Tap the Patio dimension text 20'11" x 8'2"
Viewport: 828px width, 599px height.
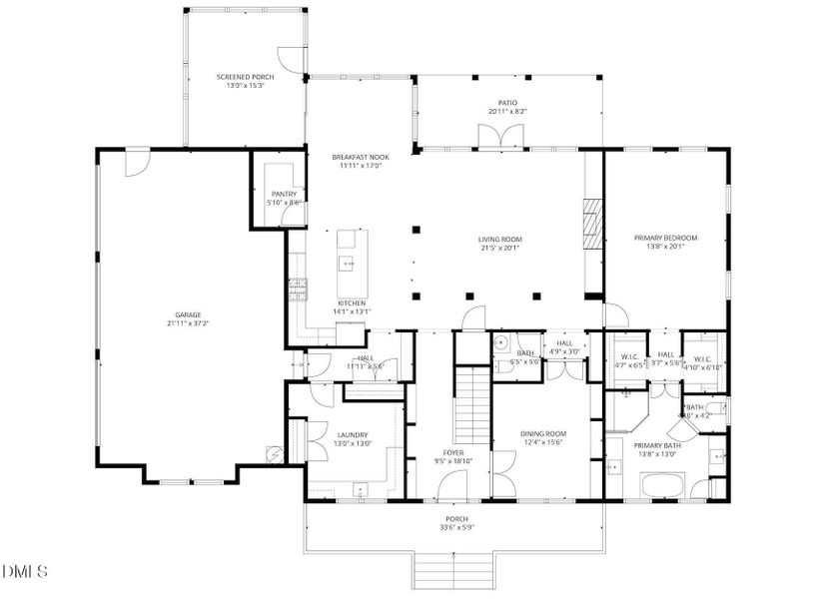(506, 112)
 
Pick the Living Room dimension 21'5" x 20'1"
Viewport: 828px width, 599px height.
(501, 249)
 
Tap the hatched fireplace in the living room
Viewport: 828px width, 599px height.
(593, 222)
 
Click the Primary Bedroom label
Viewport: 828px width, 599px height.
(665, 238)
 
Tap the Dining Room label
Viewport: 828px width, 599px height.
(543, 433)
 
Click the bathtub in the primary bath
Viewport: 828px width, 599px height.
(662, 487)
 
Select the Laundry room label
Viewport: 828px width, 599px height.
(352, 434)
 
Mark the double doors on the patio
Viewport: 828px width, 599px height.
(496, 139)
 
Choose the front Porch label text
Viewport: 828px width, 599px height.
(454, 519)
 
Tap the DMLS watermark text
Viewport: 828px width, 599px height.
(26, 571)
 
